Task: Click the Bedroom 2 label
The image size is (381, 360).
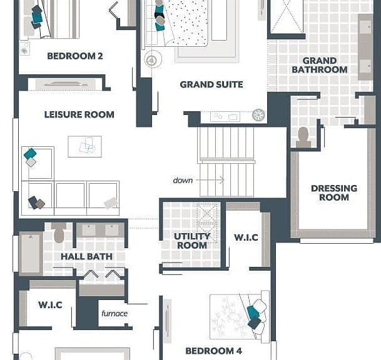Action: pyautogui.click(x=75, y=56)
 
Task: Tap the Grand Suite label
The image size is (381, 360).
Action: pyautogui.click(x=211, y=84)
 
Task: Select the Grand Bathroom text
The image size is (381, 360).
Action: pyautogui.click(x=320, y=65)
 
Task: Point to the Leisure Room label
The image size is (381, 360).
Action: pyautogui.click(x=79, y=114)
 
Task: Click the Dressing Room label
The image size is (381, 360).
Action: pyautogui.click(x=334, y=192)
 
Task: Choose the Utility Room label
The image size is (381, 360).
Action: pyautogui.click(x=192, y=241)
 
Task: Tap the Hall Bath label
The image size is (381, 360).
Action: pyautogui.click(x=86, y=257)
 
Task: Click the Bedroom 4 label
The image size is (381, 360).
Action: pyautogui.click(x=213, y=351)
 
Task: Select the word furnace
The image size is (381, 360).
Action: pyautogui.click(x=114, y=313)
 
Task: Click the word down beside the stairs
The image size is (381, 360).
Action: pyautogui.click(x=183, y=181)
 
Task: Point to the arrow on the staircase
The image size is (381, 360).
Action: pyautogui.click(x=210, y=180)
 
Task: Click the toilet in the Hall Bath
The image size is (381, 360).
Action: pyautogui.click(x=59, y=232)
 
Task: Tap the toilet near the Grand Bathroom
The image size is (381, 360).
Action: pyautogui.click(x=303, y=137)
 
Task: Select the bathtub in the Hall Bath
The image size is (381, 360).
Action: pyautogui.click(x=31, y=253)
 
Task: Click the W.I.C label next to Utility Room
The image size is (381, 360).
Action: pyautogui.click(x=246, y=237)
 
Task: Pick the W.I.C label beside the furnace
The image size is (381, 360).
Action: pyautogui.click(x=50, y=304)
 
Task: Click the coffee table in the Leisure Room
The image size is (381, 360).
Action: pyautogui.click(x=85, y=146)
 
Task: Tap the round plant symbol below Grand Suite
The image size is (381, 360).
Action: pyautogui.click(x=258, y=115)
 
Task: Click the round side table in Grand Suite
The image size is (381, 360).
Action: pyautogui.click(x=153, y=59)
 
